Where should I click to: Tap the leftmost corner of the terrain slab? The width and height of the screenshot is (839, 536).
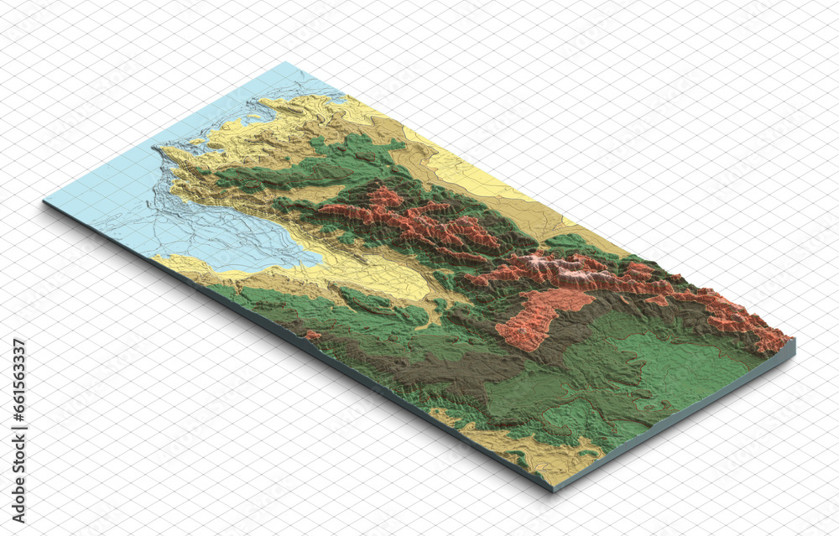(x=44, y=201)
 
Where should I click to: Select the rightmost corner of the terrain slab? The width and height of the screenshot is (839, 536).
(x=793, y=341)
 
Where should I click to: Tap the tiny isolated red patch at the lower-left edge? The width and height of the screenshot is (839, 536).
(x=313, y=335)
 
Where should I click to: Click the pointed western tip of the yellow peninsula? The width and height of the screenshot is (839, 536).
(x=156, y=149)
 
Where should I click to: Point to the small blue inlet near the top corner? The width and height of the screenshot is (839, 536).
(x=336, y=98)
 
